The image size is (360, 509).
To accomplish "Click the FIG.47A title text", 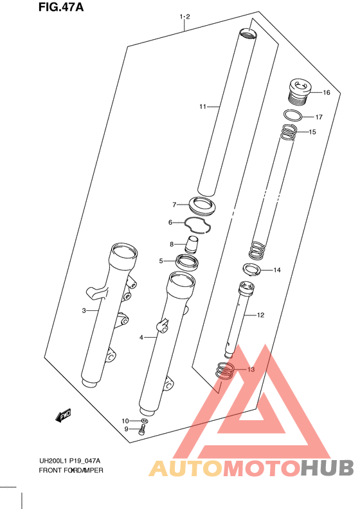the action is pyautogui.click(x=61, y=7).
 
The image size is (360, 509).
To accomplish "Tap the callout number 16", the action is pyautogui.click(x=327, y=93).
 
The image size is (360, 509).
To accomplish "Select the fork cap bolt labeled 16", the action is pyautogui.click(x=300, y=91).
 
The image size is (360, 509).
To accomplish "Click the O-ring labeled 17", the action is pyautogui.click(x=293, y=115).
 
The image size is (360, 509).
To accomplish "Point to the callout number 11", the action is pyautogui.click(x=203, y=106).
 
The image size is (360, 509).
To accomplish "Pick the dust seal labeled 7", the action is pyautogui.click(x=202, y=205).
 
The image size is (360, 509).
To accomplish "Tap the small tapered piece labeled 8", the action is pyautogui.click(x=192, y=245).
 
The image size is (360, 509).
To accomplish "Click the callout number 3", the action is pyautogui.click(x=84, y=311).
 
